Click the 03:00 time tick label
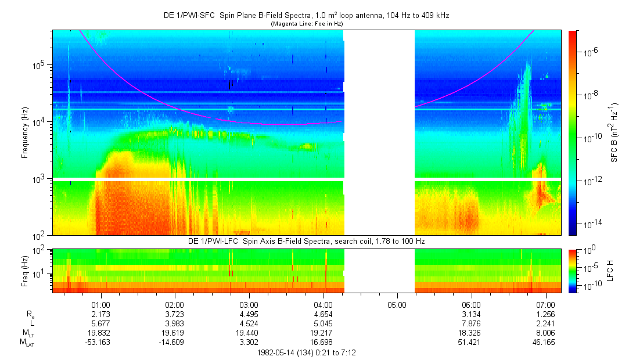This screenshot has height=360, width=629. (249, 304)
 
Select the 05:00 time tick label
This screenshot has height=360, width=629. (397, 304)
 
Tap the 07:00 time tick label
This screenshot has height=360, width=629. (545, 304)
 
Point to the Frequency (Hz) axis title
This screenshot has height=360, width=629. (24, 132)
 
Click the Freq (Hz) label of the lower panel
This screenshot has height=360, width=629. (24, 270)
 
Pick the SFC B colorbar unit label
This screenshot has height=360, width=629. (613, 132)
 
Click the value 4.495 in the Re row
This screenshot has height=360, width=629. (249, 314)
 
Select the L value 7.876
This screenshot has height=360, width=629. (471, 323)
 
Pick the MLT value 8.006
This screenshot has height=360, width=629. (545, 333)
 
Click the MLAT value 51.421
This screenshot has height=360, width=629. (471, 343)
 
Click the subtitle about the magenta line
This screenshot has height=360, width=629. (307, 24)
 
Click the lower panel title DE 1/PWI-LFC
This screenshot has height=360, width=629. (308, 241)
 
